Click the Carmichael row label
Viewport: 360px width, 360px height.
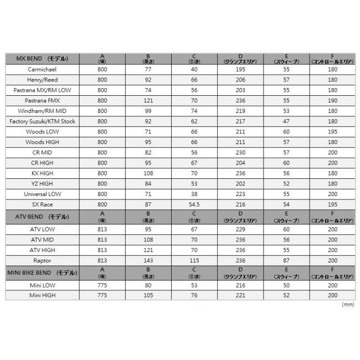click(43, 70)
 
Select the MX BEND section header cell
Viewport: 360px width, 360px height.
click(43, 59)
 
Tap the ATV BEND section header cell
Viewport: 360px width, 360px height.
click(43, 218)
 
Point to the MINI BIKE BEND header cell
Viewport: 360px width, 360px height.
click(43, 274)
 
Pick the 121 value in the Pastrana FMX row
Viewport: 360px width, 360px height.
click(147, 101)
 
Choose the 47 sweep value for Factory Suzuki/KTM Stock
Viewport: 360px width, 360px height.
click(286, 121)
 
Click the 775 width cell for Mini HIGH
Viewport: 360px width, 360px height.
click(102, 295)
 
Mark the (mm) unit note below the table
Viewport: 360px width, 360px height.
click(348, 305)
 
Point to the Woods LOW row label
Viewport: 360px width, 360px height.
click(43, 132)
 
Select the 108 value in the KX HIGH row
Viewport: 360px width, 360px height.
click(147, 173)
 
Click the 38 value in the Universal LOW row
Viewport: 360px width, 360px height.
click(194, 194)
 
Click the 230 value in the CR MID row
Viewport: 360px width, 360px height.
click(240, 152)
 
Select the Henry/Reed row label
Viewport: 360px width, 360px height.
click(43, 80)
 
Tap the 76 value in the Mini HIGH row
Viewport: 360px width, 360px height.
click(194, 295)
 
